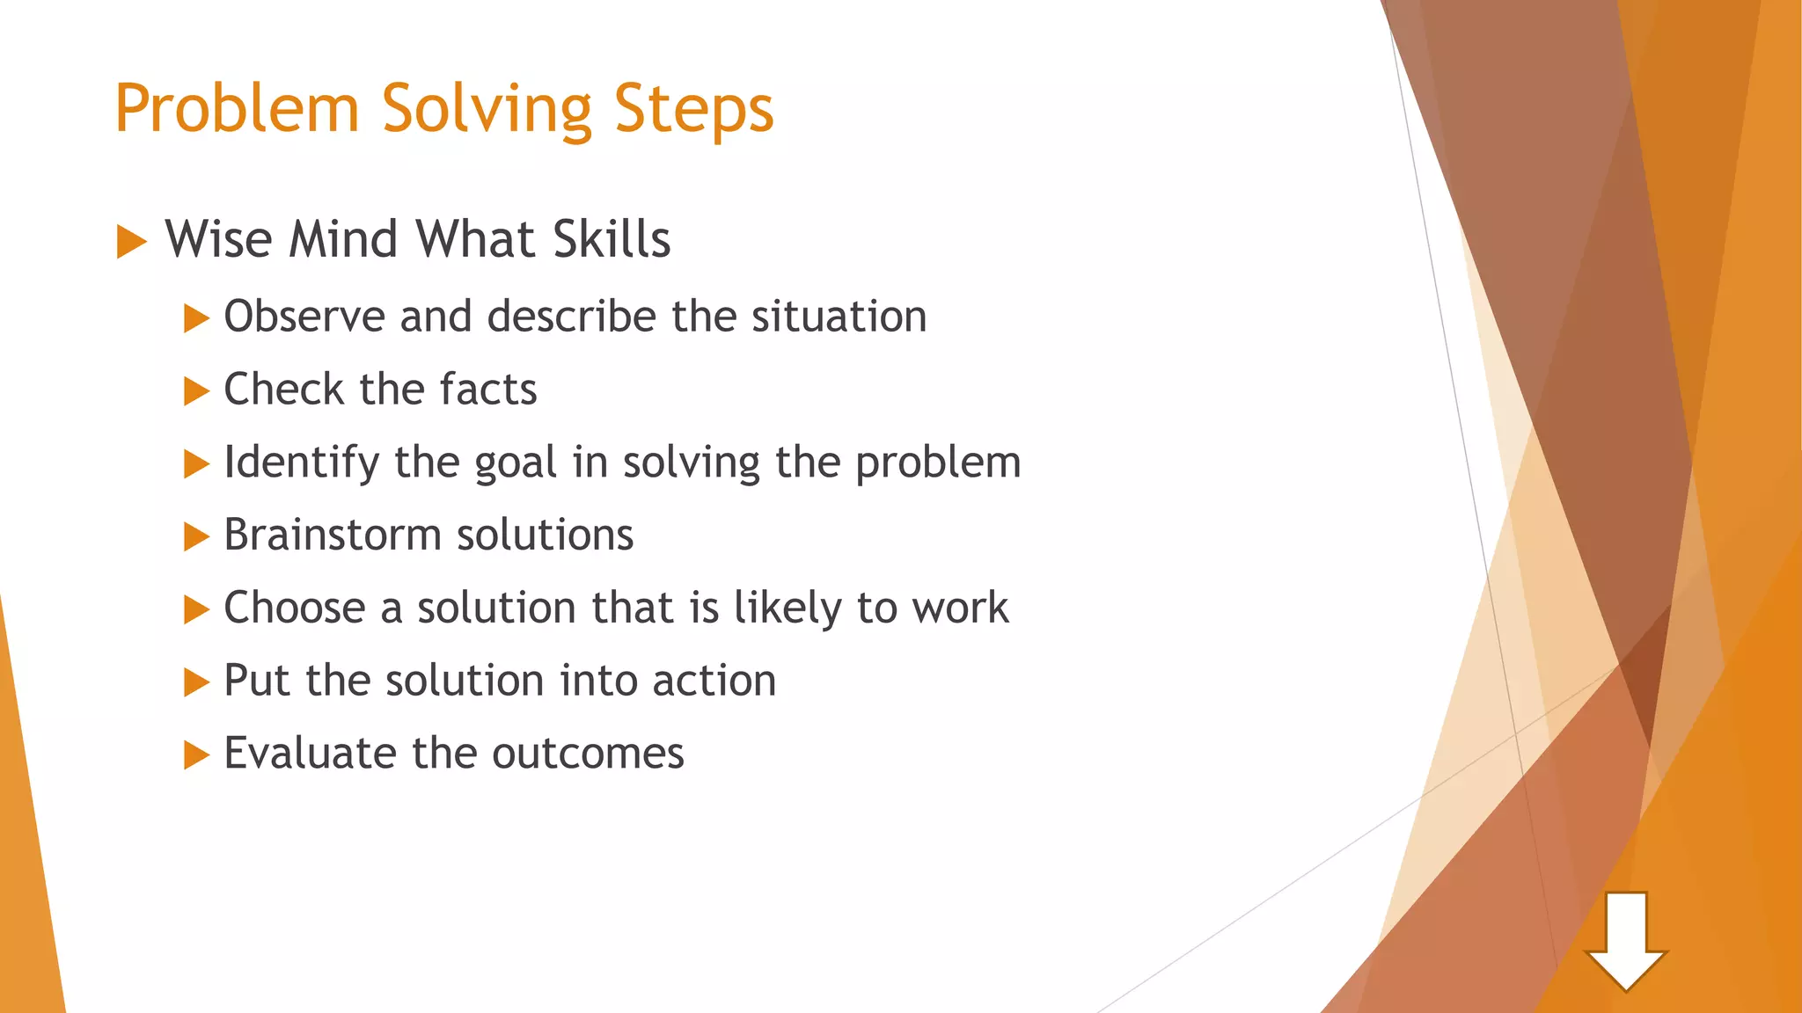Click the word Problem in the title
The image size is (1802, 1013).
click(237, 109)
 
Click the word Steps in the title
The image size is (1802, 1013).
click(693, 109)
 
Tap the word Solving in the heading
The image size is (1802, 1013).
click(487, 109)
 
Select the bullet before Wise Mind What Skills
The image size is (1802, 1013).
click(131, 242)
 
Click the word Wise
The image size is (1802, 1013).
click(220, 239)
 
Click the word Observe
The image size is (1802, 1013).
click(304, 316)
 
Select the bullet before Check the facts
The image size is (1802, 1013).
click(196, 391)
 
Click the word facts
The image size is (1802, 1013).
click(488, 390)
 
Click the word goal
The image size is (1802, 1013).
click(516, 463)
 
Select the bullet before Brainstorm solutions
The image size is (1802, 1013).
click(196, 536)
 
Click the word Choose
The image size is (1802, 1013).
click(295, 608)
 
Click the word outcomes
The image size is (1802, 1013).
click(588, 754)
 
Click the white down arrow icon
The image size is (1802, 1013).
click(1625, 942)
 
